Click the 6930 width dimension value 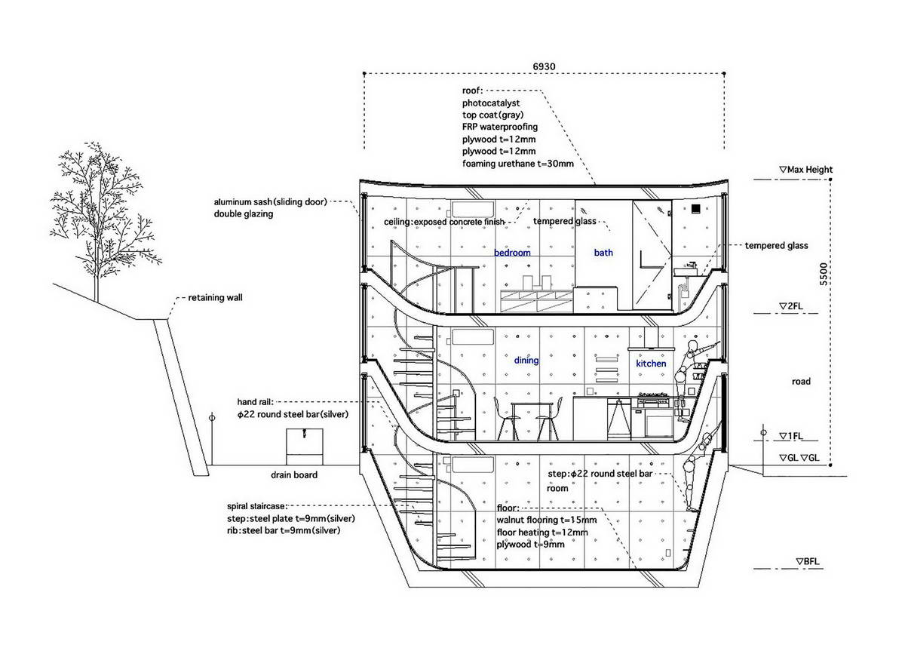544,66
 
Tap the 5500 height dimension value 823,274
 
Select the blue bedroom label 512,253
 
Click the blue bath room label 603,253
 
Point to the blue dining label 526,360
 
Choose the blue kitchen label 651,364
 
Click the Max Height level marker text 805,170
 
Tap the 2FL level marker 790,306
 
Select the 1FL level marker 790,436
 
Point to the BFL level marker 807,561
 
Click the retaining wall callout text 216,298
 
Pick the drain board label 294,475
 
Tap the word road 801,382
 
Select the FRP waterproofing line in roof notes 500,127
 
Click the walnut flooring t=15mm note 547,520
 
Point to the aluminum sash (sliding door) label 270,201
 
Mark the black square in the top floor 695,208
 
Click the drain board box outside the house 304,447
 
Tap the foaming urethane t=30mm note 518,164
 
